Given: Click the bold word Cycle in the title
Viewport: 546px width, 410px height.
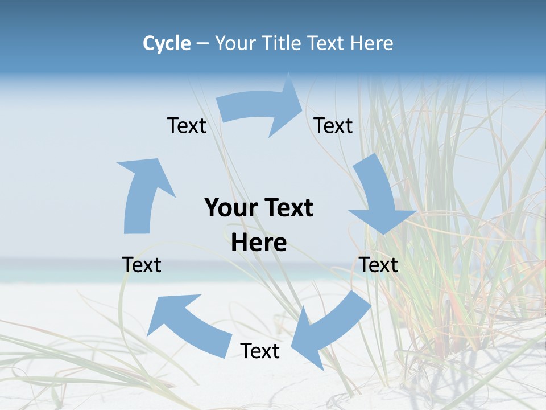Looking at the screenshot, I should coord(167,43).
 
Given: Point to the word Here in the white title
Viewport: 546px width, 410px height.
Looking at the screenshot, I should coord(371,43).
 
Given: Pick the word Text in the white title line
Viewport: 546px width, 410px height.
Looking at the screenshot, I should coord(328,43).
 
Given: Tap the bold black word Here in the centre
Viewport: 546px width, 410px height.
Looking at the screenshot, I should coord(259,243).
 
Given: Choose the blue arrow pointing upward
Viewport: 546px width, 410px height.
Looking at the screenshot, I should coord(142,194).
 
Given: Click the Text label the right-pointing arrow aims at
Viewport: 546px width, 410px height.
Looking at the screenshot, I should coord(334,125).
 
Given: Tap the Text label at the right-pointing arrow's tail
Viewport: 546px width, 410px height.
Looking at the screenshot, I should coord(187,125).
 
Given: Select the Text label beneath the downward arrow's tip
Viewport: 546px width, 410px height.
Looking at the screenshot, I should coord(379,265).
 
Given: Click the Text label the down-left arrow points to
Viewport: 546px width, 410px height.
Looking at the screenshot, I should coord(260,351).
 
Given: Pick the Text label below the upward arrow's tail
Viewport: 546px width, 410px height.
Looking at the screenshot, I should coord(142,265).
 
